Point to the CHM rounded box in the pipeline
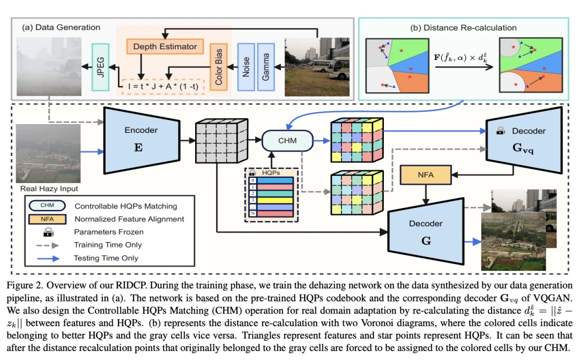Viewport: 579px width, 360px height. [287, 141]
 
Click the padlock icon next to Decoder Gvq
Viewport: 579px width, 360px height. [500, 130]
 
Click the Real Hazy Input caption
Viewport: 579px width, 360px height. [49, 189]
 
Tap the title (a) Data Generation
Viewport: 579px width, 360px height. [61, 27]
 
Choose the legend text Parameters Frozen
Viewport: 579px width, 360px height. [109, 232]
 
